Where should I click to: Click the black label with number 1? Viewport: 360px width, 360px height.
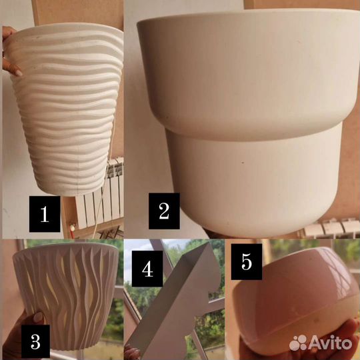click(x=45, y=214)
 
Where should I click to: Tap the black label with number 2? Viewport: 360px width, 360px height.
click(x=164, y=211)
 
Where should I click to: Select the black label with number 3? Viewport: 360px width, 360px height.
click(x=35, y=342)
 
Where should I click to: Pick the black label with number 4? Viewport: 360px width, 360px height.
click(x=147, y=269)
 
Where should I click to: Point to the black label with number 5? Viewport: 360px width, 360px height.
click(x=247, y=262)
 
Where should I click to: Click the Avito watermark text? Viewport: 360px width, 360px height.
click(x=331, y=343)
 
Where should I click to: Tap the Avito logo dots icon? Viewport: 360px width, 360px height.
click(x=298, y=343)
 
